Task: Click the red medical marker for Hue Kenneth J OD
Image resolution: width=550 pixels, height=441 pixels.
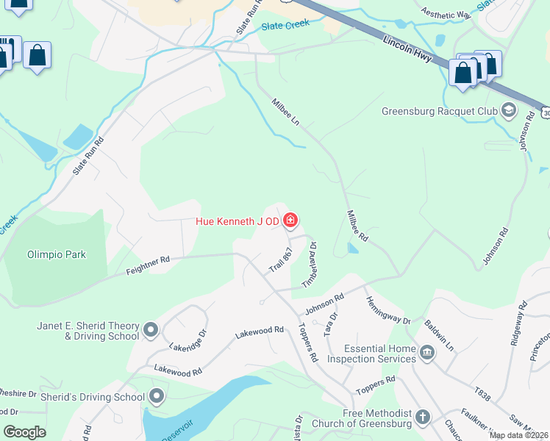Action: pyautogui.click(x=290, y=220)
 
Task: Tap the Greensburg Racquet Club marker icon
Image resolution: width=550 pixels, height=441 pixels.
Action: pyautogui.click(x=508, y=112)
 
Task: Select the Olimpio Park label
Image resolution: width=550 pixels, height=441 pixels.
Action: pyautogui.click(x=57, y=255)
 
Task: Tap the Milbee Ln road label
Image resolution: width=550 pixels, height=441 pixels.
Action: pyautogui.click(x=286, y=112)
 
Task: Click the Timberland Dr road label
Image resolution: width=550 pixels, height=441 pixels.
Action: pyautogui.click(x=309, y=265)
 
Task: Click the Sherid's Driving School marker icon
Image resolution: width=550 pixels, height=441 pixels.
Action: pyautogui.click(x=157, y=397)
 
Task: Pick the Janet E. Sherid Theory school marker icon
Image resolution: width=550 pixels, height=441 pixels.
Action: pyautogui.click(x=151, y=330)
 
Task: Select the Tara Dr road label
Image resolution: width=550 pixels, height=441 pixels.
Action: pyautogui.click(x=331, y=323)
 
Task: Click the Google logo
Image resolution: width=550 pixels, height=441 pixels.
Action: pyautogui.click(x=25, y=431)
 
